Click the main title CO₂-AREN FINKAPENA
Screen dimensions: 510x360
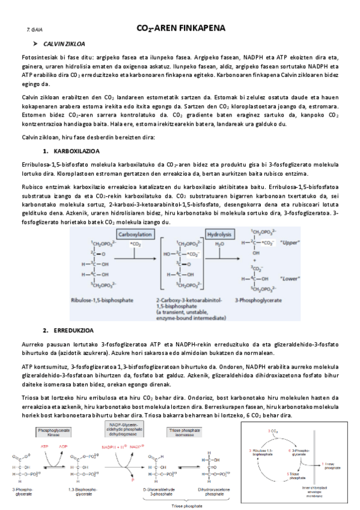point(181,28)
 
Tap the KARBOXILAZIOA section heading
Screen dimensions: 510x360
point(76,150)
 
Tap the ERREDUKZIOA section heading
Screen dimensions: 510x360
point(73,331)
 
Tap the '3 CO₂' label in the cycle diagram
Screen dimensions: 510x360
point(272,431)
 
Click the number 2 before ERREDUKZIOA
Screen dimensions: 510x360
point(45,331)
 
